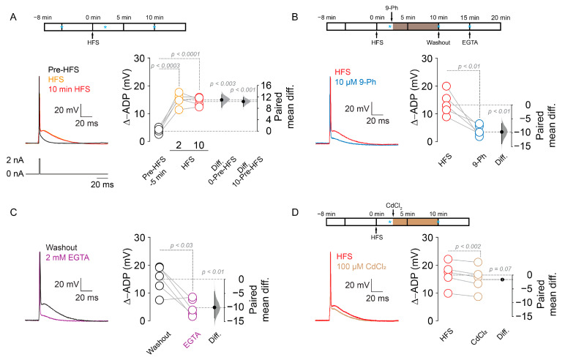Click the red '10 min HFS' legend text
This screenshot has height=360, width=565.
56,88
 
